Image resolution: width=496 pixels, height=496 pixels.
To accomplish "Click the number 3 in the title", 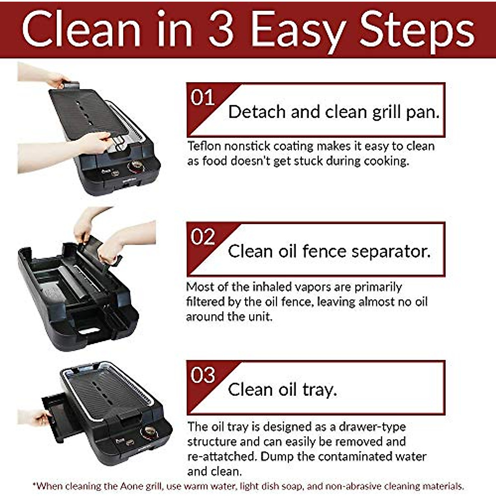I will tap(222, 30).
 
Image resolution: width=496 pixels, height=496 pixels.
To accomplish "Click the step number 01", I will tap(203, 98).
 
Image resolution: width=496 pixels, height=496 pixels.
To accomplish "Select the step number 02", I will tap(203, 237).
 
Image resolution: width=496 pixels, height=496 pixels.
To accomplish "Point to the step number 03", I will tap(203, 375).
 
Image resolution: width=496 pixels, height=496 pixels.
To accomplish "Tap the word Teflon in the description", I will tap(204, 146).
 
